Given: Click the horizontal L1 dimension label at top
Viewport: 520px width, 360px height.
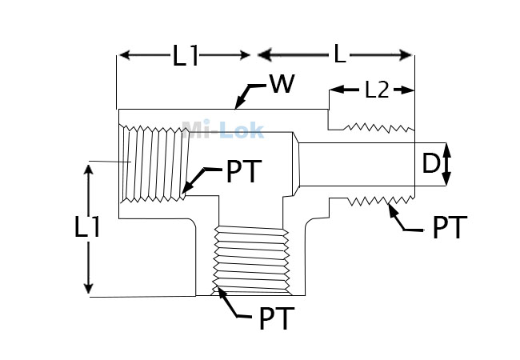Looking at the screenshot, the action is click(x=186, y=55).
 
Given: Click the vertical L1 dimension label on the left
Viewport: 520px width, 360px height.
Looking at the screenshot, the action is click(x=87, y=226).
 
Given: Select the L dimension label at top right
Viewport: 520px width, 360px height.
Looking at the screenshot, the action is click(x=339, y=54).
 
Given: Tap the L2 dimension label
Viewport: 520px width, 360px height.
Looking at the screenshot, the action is click(x=377, y=90).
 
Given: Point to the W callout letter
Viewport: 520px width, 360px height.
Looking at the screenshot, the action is click(x=282, y=83).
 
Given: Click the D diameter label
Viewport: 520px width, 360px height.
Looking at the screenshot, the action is click(x=430, y=164).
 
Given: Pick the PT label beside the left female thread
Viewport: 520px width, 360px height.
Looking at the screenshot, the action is click(x=244, y=171).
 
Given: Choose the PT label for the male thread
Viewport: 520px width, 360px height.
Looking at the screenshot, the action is click(x=450, y=227).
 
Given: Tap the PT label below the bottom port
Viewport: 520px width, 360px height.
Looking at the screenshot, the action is click(x=277, y=318).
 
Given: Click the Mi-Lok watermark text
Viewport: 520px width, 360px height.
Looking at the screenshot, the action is click(x=223, y=130).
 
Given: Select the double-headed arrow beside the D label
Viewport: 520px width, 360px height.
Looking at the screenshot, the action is click(x=446, y=164).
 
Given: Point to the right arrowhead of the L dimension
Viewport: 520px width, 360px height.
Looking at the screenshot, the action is click(x=406, y=55).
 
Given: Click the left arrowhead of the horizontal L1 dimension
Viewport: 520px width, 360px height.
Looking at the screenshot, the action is click(x=125, y=54).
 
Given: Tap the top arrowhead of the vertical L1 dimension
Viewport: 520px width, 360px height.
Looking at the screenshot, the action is click(x=88, y=170).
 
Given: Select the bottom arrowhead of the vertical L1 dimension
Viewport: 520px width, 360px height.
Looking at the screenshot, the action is click(x=88, y=287).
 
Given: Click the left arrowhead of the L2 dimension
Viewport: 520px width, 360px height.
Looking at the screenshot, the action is click(x=336, y=89).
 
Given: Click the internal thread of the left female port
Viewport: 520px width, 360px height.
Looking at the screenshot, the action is click(x=154, y=163).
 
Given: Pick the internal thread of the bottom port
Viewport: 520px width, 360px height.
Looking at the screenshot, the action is click(x=250, y=261).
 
